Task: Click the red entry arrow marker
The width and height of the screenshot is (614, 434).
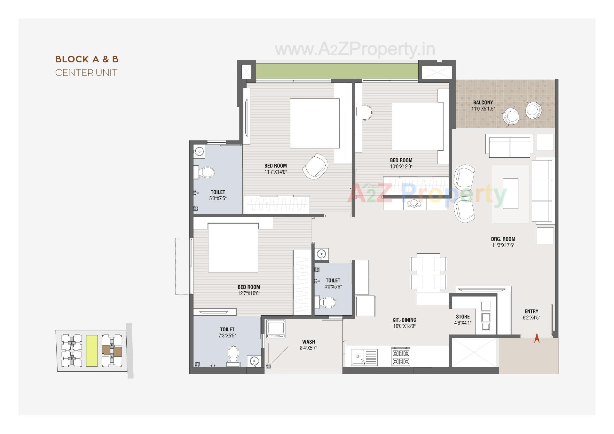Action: [x=537, y=338]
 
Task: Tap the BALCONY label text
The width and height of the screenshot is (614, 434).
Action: [x=483, y=102]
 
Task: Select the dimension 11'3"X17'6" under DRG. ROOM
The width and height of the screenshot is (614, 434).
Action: [x=503, y=245]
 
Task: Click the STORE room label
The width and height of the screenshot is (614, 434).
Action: [x=463, y=317]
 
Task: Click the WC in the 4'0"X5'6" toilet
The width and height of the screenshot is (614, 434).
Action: [x=326, y=302]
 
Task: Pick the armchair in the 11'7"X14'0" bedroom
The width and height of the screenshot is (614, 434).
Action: [x=315, y=166]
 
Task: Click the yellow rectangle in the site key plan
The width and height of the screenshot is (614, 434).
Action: [x=92, y=351]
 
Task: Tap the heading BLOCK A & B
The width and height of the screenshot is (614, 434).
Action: [x=87, y=59]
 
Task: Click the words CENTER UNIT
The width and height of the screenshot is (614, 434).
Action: [x=86, y=73]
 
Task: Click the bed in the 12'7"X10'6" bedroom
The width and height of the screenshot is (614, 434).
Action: [x=233, y=248]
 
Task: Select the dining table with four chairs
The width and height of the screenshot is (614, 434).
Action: [x=428, y=273]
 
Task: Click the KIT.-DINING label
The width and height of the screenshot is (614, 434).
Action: [x=404, y=320]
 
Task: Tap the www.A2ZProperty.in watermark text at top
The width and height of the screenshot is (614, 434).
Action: [x=355, y=49]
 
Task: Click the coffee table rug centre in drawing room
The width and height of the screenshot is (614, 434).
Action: [x=510, y=193]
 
